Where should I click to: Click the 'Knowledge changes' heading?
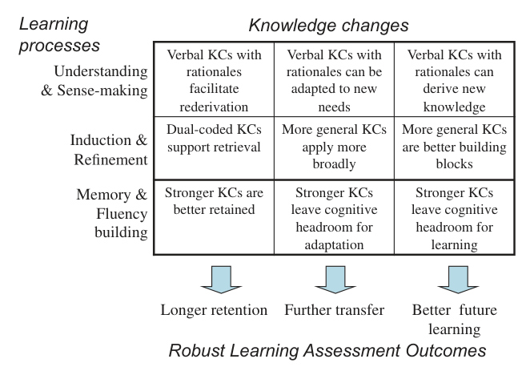point(328,26)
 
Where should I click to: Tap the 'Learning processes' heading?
point(59,34)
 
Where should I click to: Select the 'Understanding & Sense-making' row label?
point(94,81)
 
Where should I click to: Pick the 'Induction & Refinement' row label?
point(109,150)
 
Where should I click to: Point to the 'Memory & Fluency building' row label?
point(112,213)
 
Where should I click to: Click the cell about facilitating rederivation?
point(214,81)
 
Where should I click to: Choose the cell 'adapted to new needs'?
point(334,81)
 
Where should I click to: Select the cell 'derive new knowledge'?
point(454,81)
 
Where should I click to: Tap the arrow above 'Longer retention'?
point(221,280)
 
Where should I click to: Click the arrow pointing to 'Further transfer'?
point(335,280)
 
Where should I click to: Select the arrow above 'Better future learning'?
point(458,280)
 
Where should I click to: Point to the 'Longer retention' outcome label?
point(214,310)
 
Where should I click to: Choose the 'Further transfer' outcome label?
point(335,310)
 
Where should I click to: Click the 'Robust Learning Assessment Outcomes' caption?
point(327,351)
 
